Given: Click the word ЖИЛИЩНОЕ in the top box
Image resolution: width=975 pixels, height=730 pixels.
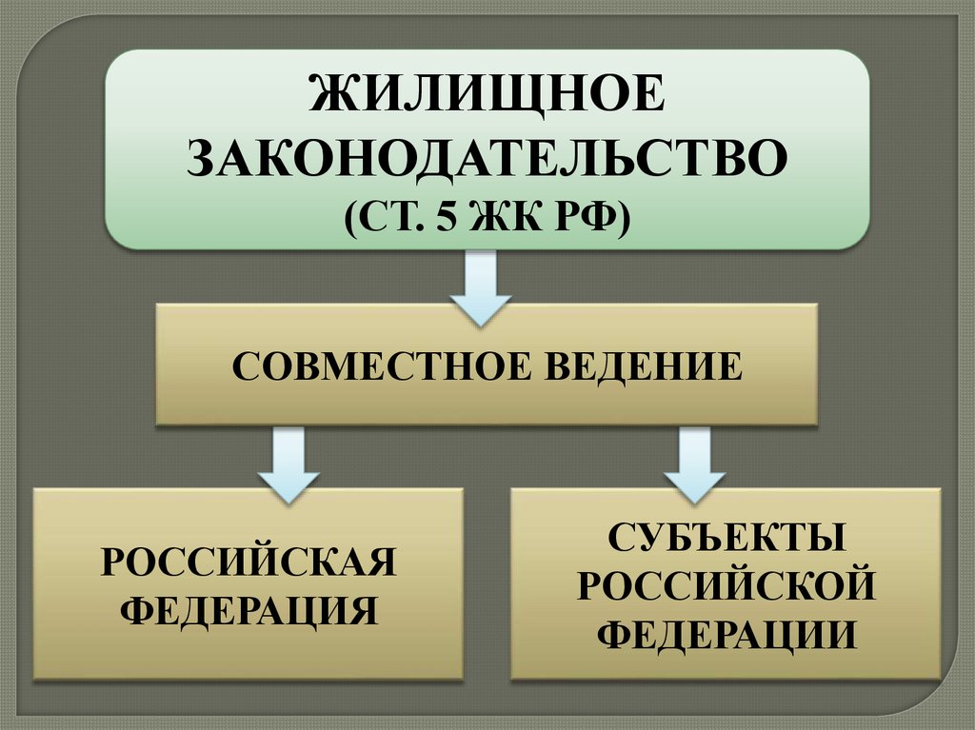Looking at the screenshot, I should (x=487, y=101).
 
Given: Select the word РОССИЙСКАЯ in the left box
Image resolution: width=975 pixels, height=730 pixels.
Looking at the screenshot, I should (x=249, y=563).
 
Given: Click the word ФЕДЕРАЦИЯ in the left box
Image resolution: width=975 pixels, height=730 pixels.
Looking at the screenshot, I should (x=249, y=609).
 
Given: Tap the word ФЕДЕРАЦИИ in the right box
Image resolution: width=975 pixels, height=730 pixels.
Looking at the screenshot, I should (x=726, y=633).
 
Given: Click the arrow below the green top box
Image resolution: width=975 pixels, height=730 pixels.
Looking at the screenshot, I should (x=481, y=286).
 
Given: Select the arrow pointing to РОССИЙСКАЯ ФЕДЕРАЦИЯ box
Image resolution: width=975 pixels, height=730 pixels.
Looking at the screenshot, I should (x=289, y=465).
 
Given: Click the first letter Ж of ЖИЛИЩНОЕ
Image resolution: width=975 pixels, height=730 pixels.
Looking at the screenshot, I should (x=330, y=101).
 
